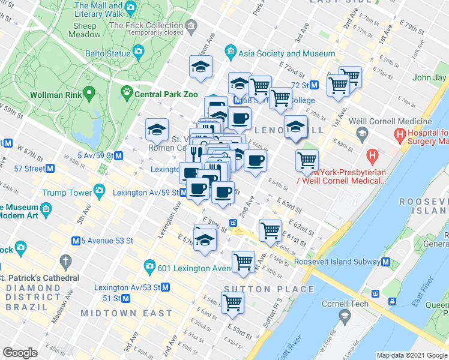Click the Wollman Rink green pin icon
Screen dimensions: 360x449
pos(89,94)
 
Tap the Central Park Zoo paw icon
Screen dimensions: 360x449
pos(126,94)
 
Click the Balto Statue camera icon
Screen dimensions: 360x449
pos(139,53)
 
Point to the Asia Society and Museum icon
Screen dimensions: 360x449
pos(230,53)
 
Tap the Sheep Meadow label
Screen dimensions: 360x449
pos(85,30)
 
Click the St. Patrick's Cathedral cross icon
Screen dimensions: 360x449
pos(65,262)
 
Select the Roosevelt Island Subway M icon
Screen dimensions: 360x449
pos(385,262)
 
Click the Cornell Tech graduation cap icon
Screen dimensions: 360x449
pos(345,316)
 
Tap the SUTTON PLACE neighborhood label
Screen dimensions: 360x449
pos(269,289)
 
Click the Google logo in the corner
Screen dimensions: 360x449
pos(20,353)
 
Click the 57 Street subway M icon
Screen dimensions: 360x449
pos(50,169)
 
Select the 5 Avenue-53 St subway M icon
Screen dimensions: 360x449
pos(76,241)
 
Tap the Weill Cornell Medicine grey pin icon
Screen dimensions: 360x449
pos(361,132)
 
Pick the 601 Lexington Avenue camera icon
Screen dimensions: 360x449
pos(148,266)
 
